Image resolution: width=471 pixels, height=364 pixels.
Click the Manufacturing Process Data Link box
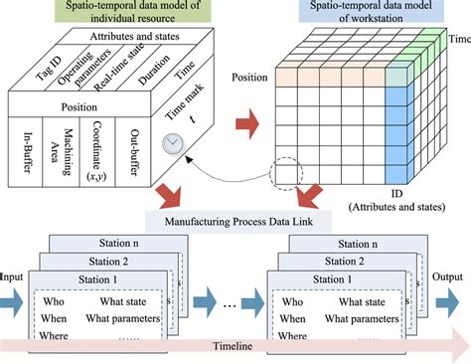232,220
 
